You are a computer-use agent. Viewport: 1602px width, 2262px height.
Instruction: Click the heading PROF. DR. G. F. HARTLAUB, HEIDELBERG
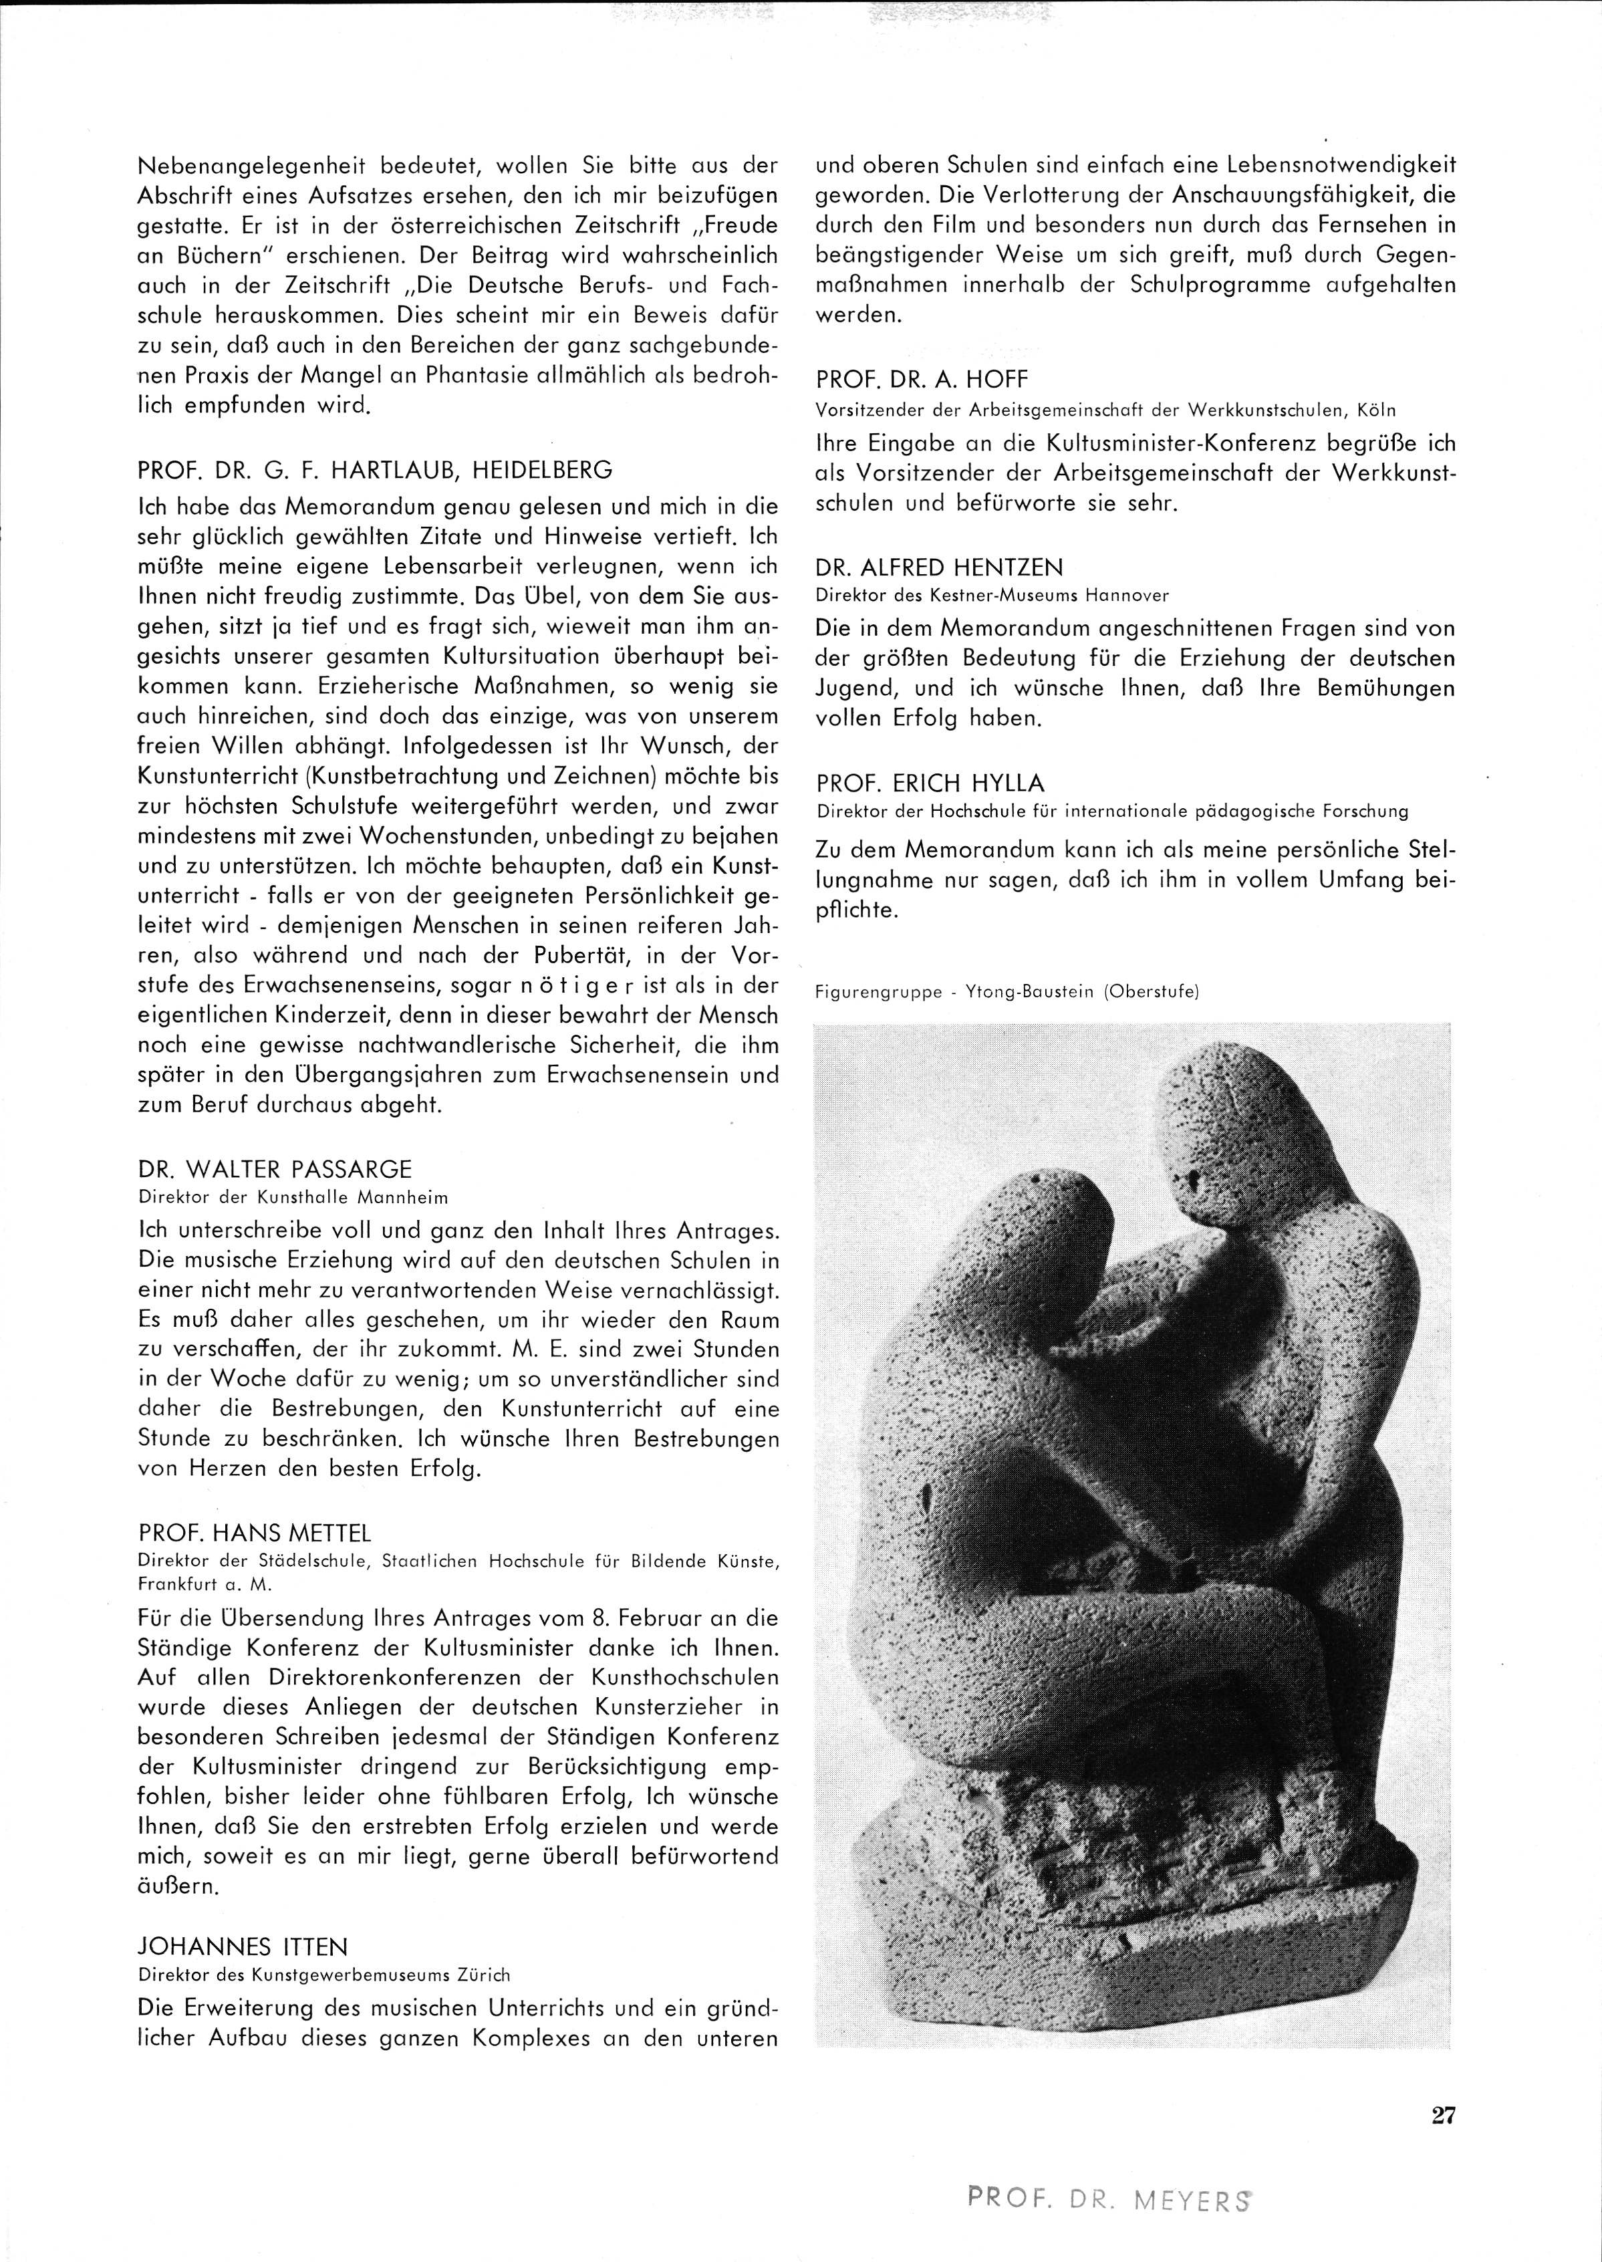375,469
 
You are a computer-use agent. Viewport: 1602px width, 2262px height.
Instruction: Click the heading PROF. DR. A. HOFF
922,380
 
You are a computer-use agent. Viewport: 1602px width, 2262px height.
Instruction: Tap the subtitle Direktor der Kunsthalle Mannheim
293,1198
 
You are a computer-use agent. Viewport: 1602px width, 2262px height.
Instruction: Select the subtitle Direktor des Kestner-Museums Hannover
992,595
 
